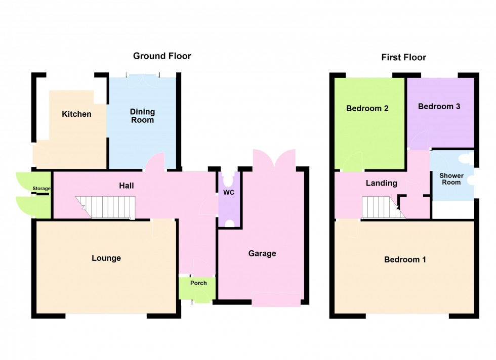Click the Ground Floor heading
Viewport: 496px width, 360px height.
[162, 56]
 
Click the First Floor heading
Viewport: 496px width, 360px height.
[403, 58]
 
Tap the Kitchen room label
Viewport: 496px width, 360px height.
[76, 114]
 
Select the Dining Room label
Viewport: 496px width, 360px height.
[142, 116]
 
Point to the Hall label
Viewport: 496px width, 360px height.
[126, 186]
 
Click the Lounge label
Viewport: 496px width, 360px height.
[106, 258]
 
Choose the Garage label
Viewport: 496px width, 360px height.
[262, 253]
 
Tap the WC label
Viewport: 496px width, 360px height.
[229, 193]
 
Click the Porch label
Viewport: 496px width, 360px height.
[198, 283]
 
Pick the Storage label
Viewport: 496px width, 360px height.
[42, 189]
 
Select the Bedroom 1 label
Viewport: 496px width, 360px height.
[405, 260]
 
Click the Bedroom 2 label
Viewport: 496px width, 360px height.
[367, 108]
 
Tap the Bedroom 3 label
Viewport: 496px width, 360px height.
[439, 107]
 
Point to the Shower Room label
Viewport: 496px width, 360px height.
[451, 179]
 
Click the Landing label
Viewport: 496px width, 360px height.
[382, 184]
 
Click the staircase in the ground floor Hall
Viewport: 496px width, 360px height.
[106, 207]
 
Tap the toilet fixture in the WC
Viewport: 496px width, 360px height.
[229, 179]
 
